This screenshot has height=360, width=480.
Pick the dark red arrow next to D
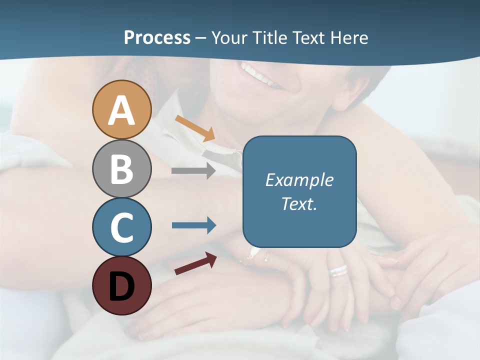pos(195,264)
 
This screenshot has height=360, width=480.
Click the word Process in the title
pos(157,38)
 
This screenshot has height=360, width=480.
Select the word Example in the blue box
pos(299,180)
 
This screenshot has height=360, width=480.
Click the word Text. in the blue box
pos(299,204)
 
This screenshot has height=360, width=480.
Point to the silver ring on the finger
pos(338,271)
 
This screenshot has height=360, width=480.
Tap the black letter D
pos(122,286)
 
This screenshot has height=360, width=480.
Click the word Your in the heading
pos(228,38)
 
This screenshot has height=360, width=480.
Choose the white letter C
pos(122,227)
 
